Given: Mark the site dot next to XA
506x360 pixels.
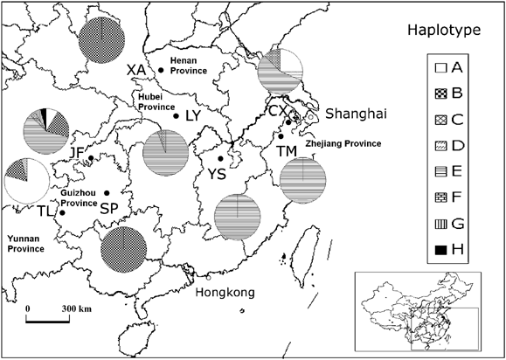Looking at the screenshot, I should pyautogui.click(x=161, y=70).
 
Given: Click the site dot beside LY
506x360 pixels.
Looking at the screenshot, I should pyautogui.click(x=176, y=116).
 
